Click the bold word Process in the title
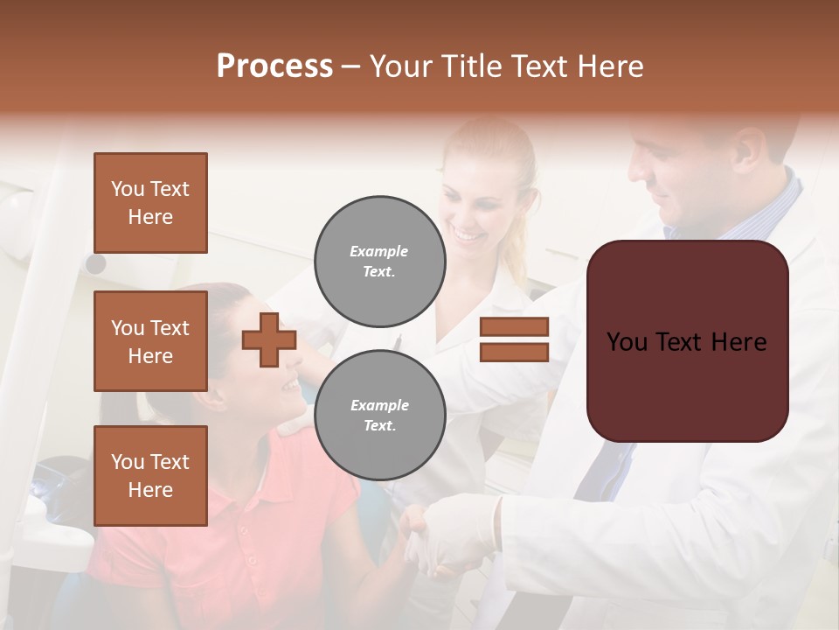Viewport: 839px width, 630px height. [274, 66]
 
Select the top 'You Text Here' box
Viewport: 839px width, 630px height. [150, 203]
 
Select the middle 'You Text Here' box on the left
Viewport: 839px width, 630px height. [150, 341]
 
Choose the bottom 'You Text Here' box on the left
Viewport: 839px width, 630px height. [150, 476]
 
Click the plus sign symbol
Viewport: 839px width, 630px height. [269, 339]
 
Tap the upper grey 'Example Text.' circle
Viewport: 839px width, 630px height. [379, 262]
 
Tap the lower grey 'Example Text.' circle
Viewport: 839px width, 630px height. [379, 416]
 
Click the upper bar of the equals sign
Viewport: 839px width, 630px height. [514, 327]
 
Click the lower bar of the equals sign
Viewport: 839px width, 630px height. [514, 352]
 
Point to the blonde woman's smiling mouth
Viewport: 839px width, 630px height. [467, 236]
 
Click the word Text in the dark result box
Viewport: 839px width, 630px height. [686, 342]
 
